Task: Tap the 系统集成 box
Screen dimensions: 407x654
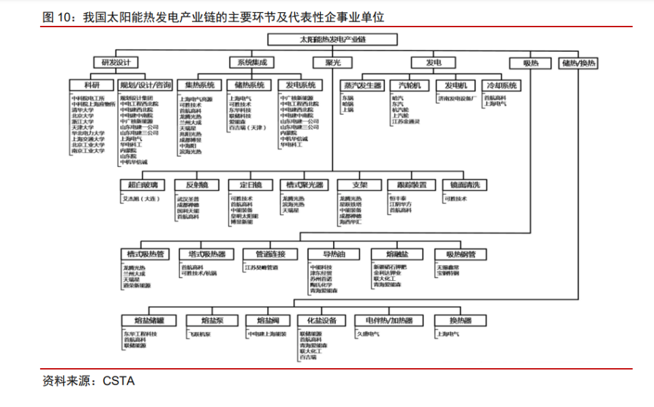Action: [252, 63]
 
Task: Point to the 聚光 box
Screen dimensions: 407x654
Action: [333, 63]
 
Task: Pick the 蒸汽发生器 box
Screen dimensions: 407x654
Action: [361, 86]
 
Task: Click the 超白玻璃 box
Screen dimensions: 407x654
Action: [142, 185]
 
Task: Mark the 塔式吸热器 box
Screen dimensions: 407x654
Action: [202, 254]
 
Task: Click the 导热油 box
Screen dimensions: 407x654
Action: [333, 254]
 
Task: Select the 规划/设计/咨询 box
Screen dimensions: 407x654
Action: [146, 86]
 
